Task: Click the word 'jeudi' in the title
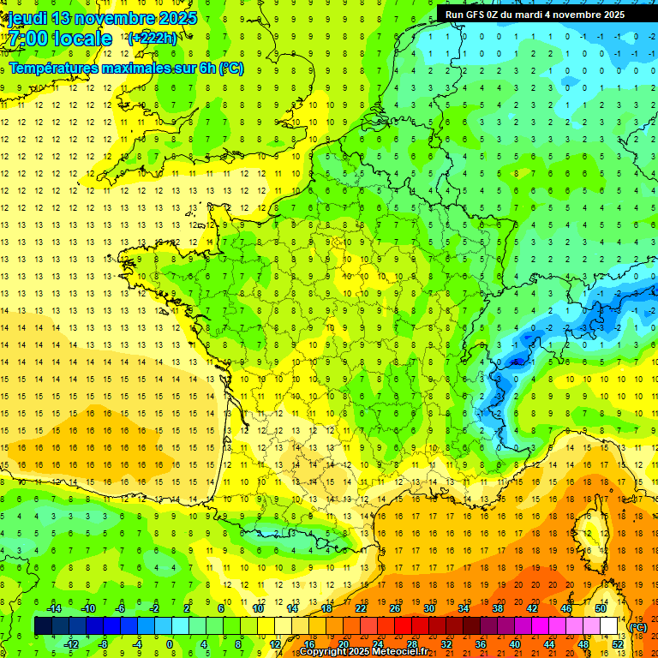pos(27,18)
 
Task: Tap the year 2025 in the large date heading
pos(176,18)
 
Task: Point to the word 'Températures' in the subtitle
pos(54,69)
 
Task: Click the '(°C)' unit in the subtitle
pos(230,69)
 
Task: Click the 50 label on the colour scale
pos(601,608)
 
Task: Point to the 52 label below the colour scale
pos(618,644)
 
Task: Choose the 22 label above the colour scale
pos(361,608)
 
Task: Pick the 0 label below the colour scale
pos(169,644)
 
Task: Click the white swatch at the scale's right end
pos(609,626)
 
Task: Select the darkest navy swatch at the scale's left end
pos(43,626)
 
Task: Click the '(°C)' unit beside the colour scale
pos(638,626)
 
